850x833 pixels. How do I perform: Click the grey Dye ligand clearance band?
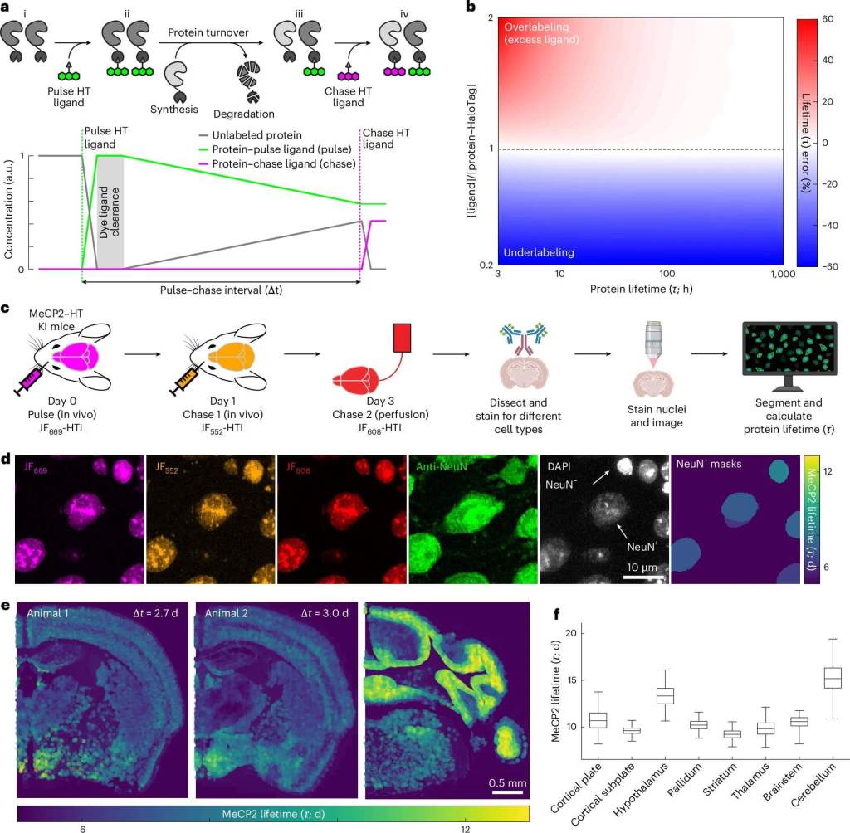click(110, 212)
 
